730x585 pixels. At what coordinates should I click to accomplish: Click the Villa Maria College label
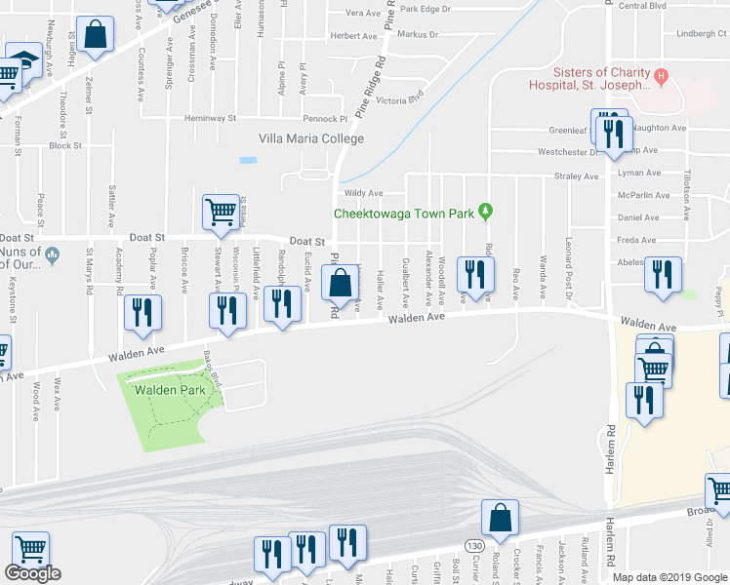click(x=310, y=138)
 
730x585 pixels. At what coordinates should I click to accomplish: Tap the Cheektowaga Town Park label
click(x=410, y=214)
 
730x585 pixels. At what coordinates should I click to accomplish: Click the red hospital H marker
click(x=661, y=75)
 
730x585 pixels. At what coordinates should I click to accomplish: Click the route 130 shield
click(x=473, y=544)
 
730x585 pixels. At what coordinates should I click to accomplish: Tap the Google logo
click(x=32, y=573)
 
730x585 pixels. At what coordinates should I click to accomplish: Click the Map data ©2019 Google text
click(x=669, y=577)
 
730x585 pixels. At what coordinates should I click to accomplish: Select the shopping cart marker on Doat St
click(x=222, y=211)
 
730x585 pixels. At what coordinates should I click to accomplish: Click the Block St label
click(x=65, y=146)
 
